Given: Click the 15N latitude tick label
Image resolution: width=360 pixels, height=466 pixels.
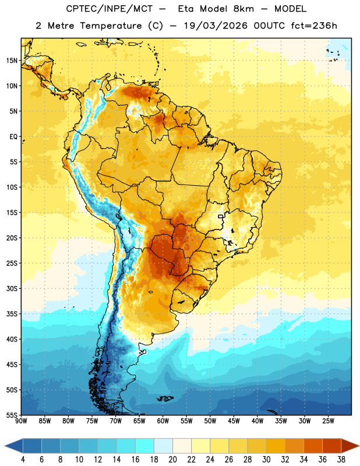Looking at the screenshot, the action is click(x=12, y=61).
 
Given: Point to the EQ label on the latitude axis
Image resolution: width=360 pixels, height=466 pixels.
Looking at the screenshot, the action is click(x=13, y=137).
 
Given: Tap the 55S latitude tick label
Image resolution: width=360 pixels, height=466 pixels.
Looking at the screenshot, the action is click(x=12, y=415).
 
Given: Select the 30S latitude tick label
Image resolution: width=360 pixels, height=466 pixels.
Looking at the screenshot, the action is click(x=12, y=288).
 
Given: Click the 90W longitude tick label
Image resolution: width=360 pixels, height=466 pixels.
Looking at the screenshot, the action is click(x=21, y=421).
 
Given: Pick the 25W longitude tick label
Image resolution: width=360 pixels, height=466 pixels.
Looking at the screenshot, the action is click(x=328, y=421).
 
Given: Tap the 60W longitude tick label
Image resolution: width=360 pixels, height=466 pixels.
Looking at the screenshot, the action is click(x=163, y=421).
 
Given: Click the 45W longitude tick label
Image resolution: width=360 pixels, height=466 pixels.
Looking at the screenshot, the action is click(x=234, y=421).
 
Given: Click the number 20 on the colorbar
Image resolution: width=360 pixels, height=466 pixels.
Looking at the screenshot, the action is click(x=172, y=459).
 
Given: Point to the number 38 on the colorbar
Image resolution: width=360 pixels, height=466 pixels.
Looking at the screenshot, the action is click(x=341, y=459).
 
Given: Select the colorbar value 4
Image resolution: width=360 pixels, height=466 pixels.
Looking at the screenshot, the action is click(x=23, y=459).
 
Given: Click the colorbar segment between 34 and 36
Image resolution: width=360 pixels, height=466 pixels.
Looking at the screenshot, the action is click(x=313, y=446).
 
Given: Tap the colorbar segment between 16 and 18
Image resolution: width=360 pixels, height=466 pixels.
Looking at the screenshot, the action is click(x=145, y=446).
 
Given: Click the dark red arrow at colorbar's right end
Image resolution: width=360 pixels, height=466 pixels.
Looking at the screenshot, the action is click(x=350, y=446).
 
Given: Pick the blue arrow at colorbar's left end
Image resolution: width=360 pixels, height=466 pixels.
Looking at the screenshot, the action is click(x=14, y=446).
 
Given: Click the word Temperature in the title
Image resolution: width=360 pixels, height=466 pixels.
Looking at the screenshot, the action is click(x=111, y=26).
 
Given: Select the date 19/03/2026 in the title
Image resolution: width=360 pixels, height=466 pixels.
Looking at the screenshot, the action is click(x=216, y=26).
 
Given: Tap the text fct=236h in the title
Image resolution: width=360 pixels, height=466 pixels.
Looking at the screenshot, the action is click(x=314, y=26).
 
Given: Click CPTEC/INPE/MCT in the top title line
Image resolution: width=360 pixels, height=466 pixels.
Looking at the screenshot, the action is click(x=109, y=9).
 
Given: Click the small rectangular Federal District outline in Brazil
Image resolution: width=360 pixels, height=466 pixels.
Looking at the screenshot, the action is click(x=221, y=217).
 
